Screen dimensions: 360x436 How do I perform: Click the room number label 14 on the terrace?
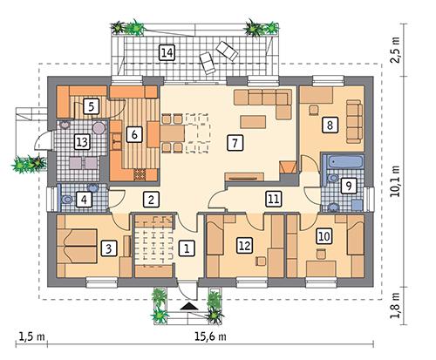click(167, 53)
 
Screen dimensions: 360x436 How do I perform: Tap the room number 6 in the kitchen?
click(133, 134)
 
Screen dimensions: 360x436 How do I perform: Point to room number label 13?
click(81, 142)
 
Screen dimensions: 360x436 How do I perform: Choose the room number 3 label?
click(106, 248)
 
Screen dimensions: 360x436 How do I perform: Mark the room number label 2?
click(152, 200)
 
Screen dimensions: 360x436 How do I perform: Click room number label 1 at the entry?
click(185, 248)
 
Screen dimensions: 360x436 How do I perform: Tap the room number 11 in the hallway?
click(274, 199)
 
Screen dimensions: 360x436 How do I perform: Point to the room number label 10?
click(324, 234)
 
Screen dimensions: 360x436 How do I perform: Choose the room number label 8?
click(330, 124)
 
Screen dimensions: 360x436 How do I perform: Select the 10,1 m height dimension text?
click(398, 182)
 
